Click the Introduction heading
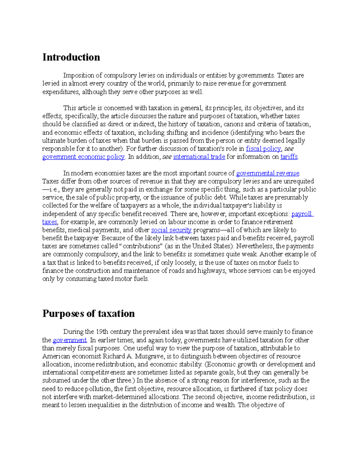[x=71, y=57]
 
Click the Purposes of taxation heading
[x=88, y=314]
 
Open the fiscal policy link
[x=263, y=149]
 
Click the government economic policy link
[x=83, y=157]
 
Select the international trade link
[x=199, y=157]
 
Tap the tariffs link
[x=289, y=157]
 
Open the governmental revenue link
[x=268, y=173]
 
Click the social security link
[x=171, y=230]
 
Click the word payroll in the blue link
[x=301, y=214]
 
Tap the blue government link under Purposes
[x=70, y=340]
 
